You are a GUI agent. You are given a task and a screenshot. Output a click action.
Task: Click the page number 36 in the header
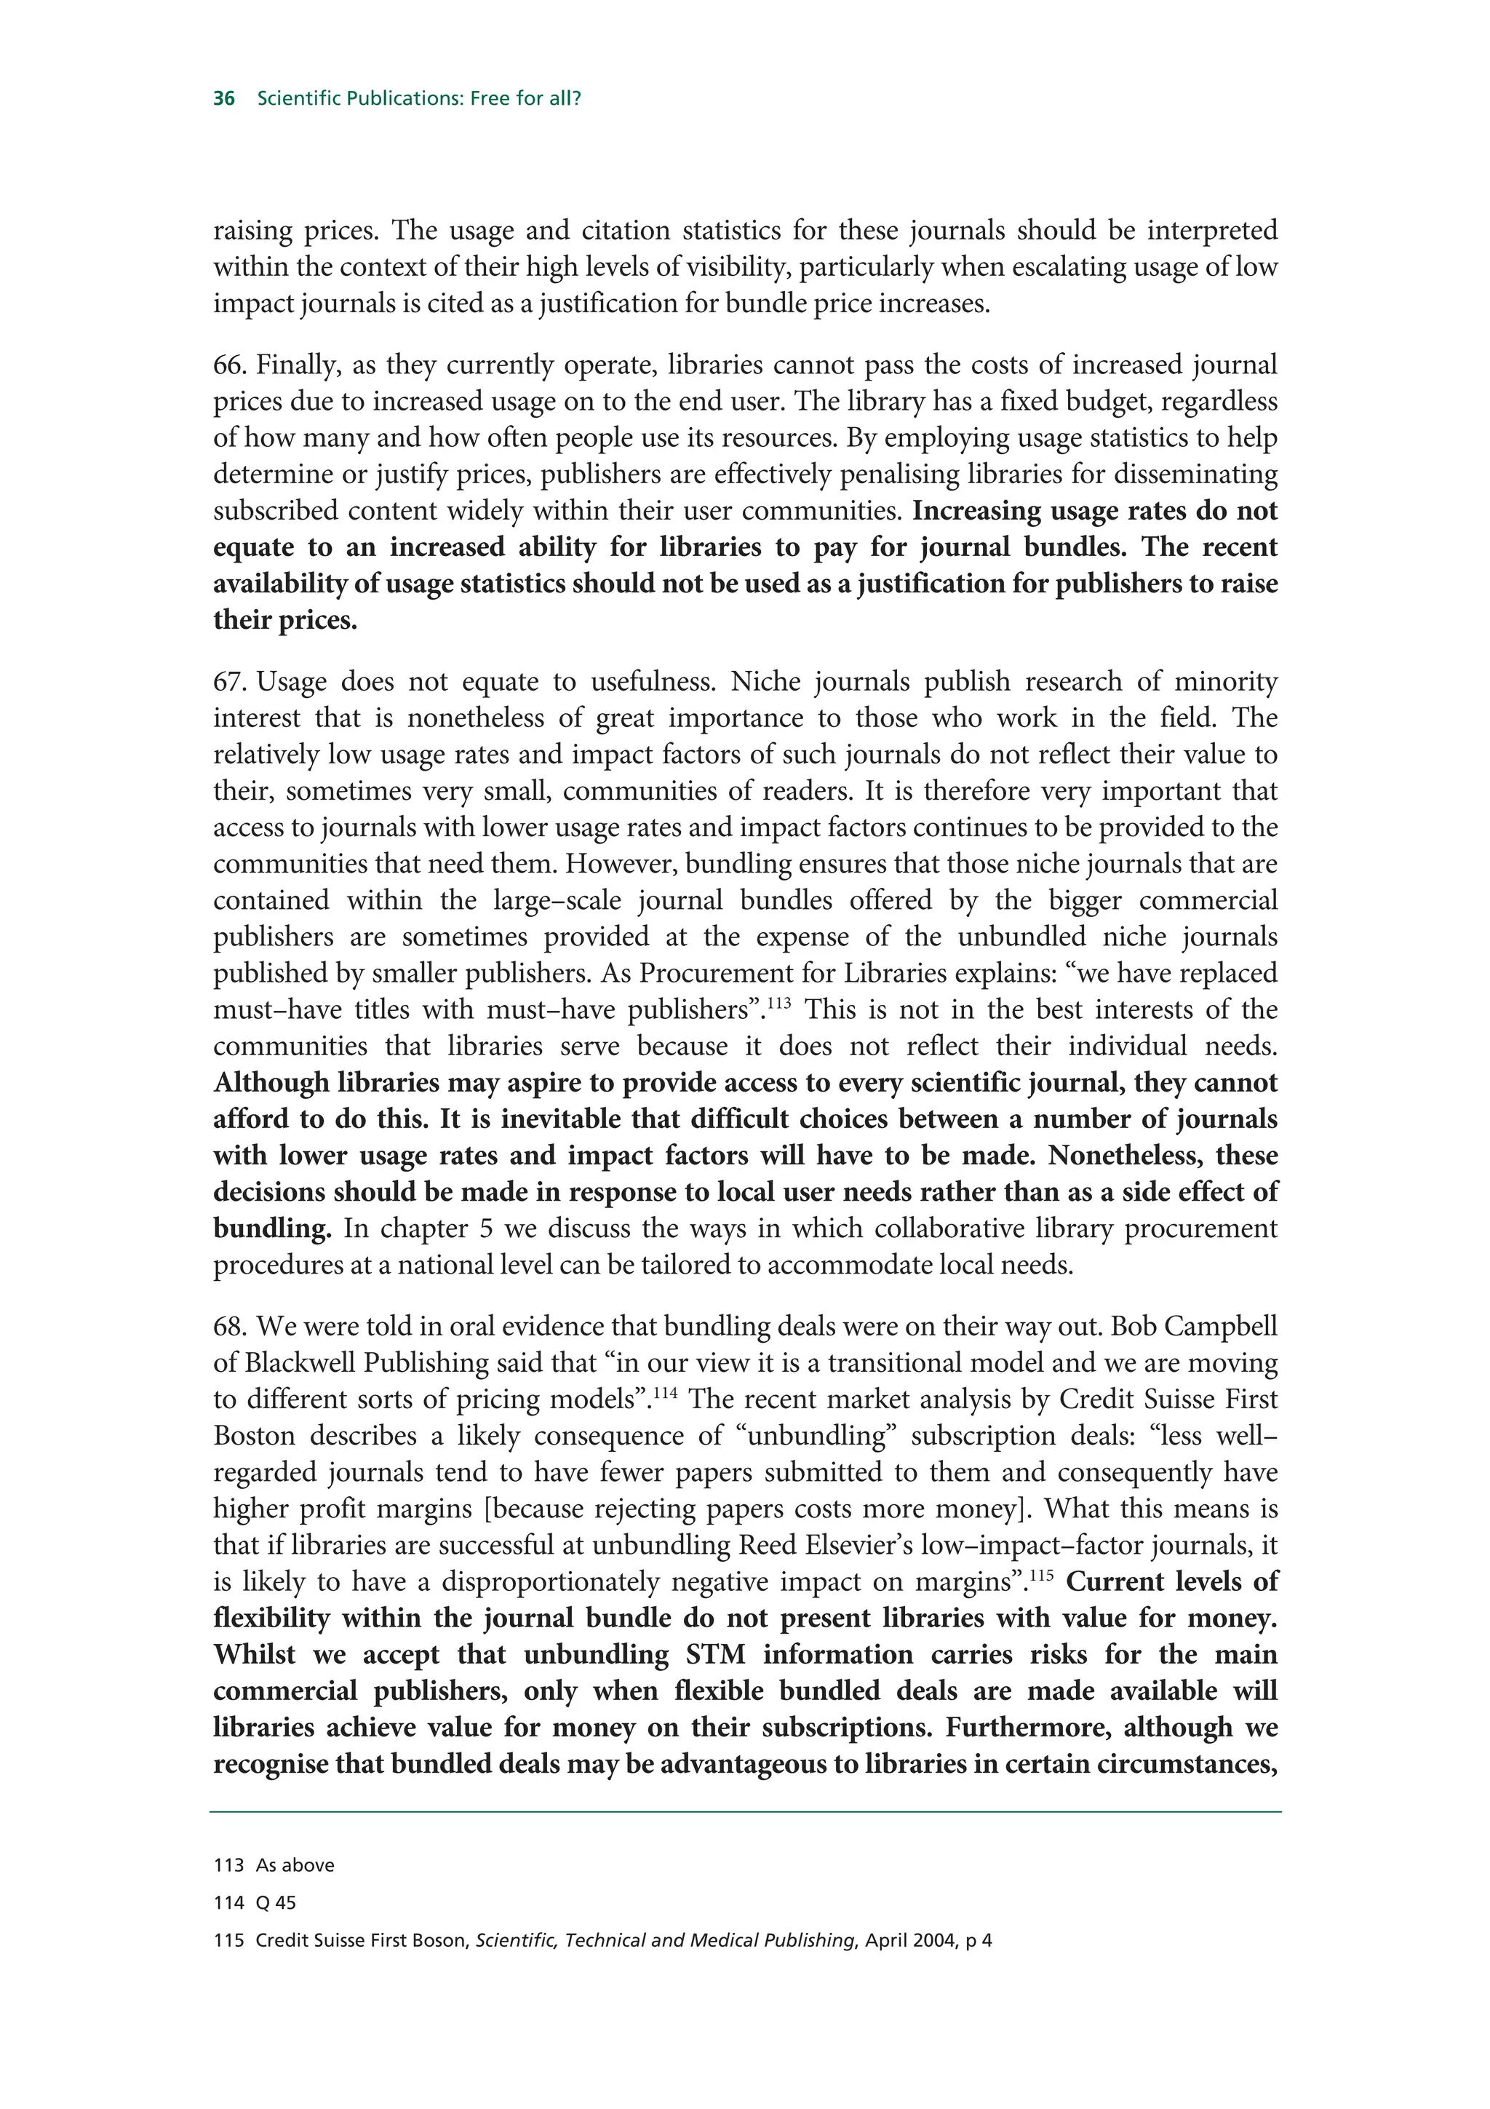(x=224, y=98)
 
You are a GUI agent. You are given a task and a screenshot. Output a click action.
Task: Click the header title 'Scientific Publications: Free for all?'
(x=418, y=98)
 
